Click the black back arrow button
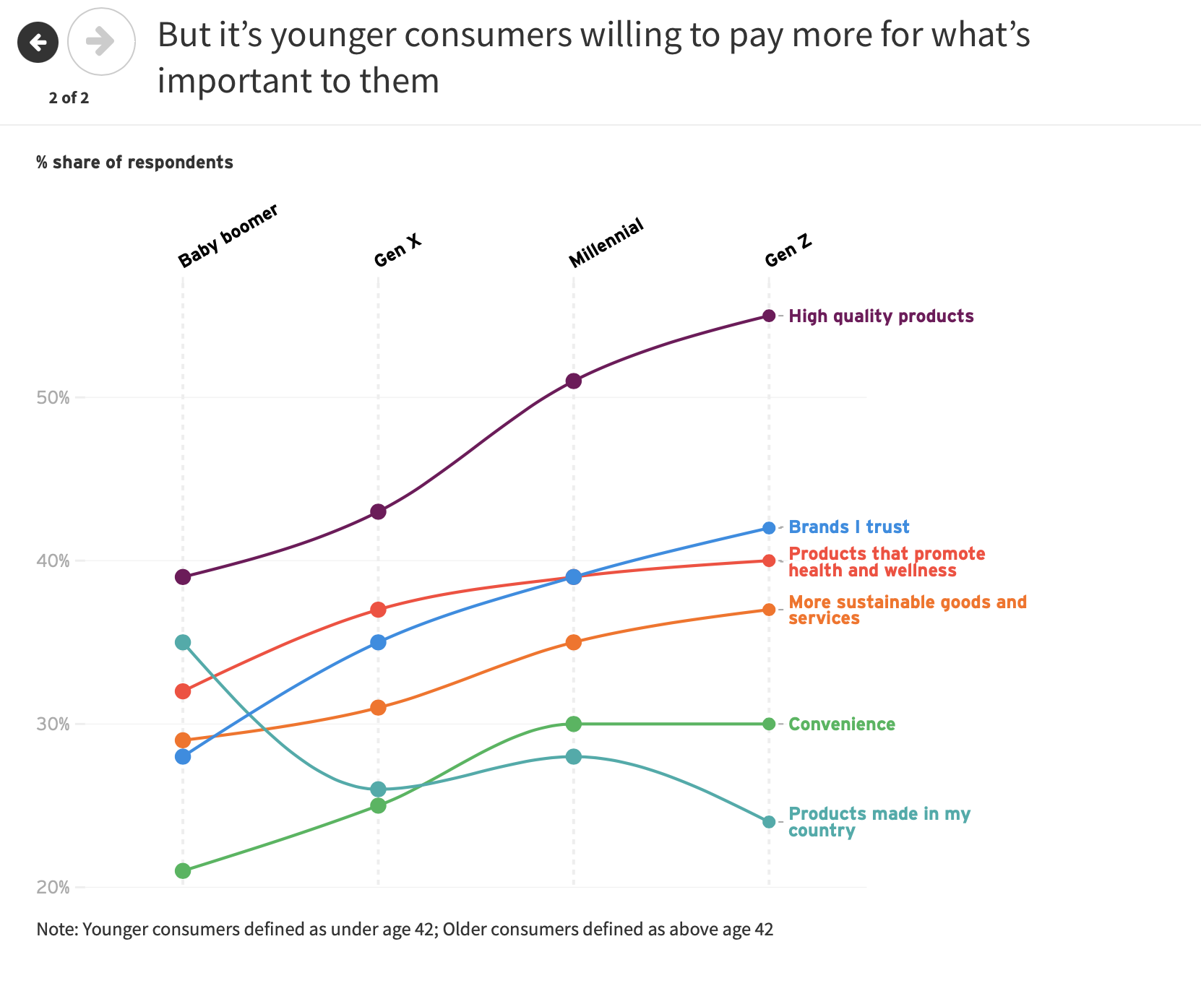(38, 43)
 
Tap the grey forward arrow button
(101, 42)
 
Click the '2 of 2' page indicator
(69, 98)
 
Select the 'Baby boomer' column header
(228, 235)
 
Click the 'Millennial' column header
(606, 243)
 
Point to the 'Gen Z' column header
(788, 251)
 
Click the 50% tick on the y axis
(53, 398)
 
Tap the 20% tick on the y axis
(53, 887)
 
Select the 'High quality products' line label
(881, 316)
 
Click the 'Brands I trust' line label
(848, 527)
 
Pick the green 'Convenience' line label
(841, 724)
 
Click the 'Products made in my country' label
(878, 822)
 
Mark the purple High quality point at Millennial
(574, 381)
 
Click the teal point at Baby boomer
(183, 642)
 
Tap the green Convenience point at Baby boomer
(183, 871)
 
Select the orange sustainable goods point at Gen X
(378, 708)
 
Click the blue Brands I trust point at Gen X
(378, 642)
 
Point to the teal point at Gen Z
(769, 822)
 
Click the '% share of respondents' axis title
(134, 163)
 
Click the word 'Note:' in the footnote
(57, 930)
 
